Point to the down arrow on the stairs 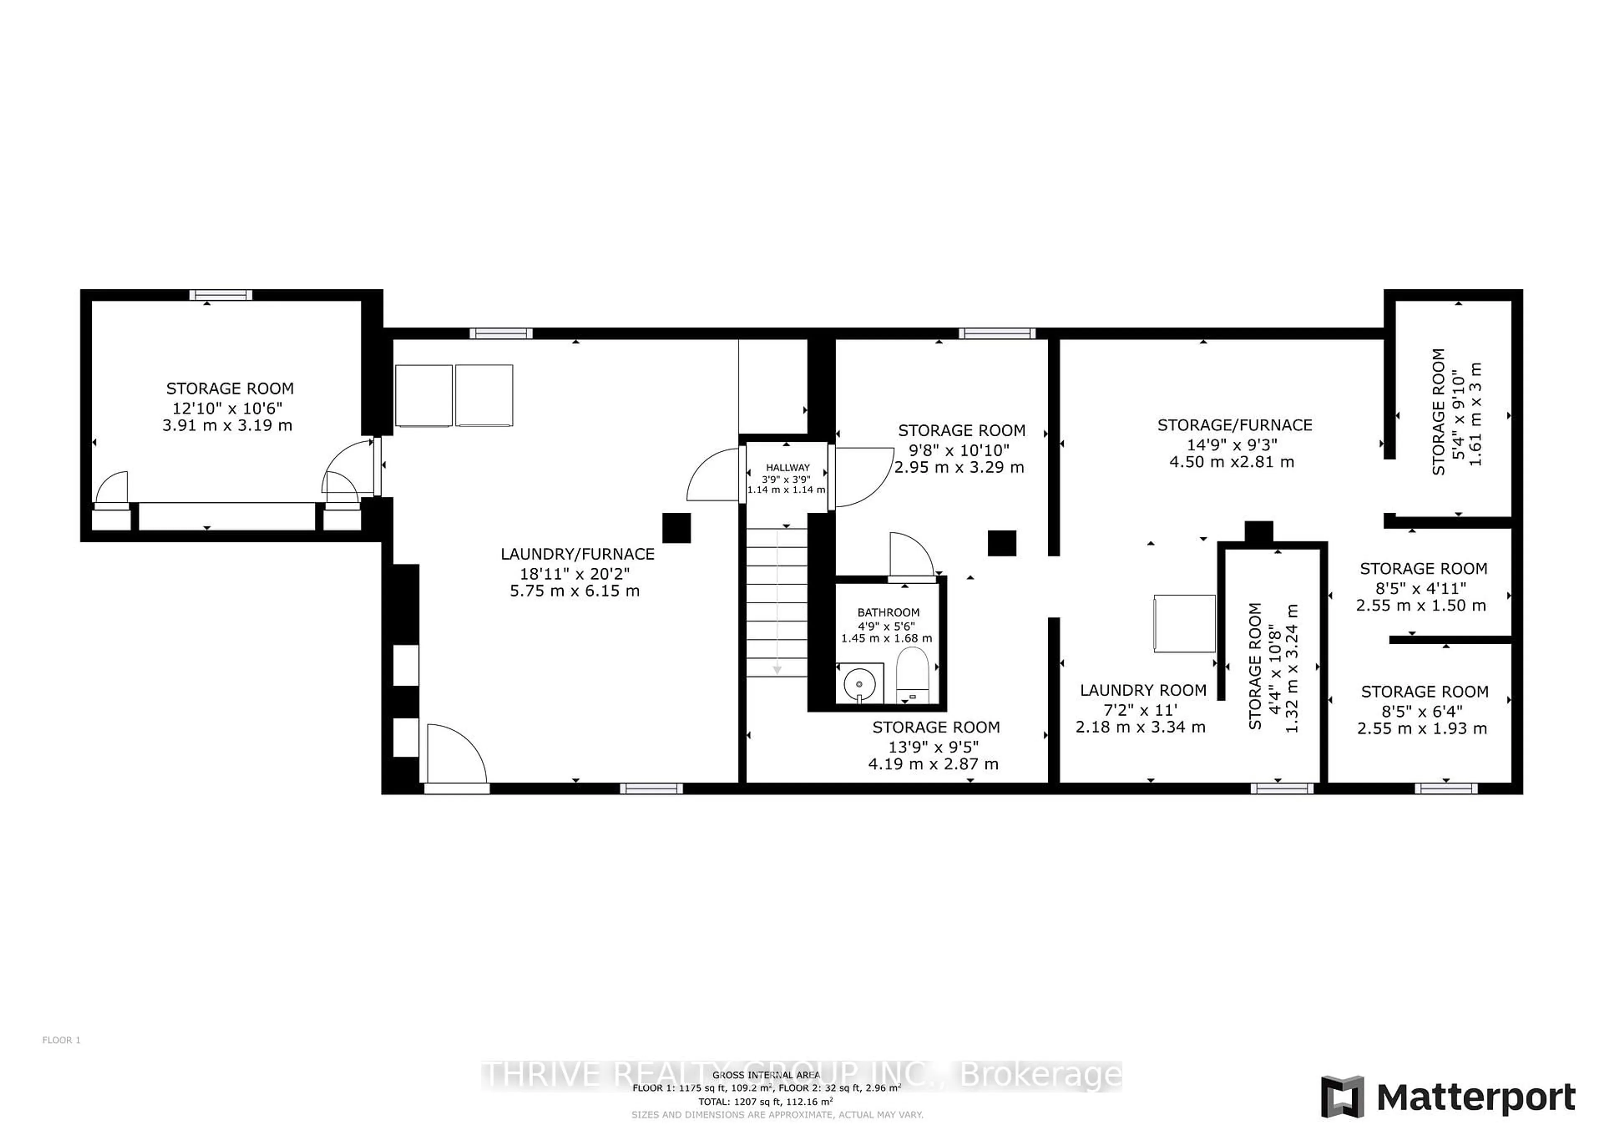point(776,669)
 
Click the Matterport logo point(1449,1097)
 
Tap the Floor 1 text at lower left point(61,1040)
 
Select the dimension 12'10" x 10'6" point(228,408)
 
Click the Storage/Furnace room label point(1234,425)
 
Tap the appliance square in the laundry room point(1184,623)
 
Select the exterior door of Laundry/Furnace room point(455,756)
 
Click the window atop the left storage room point(221,295)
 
